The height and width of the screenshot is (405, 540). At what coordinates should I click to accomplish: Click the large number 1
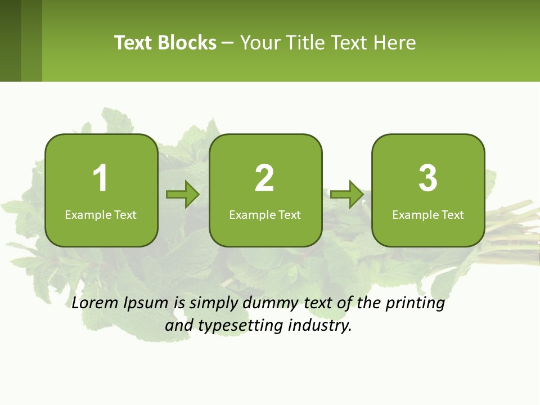click(x=100, y=178)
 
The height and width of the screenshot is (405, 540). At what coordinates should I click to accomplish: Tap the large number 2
click(x=264, y=178)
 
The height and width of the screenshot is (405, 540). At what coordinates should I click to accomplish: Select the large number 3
click(x=428, y=178)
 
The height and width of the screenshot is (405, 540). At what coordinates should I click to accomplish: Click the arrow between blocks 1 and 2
click(x=183, y=195)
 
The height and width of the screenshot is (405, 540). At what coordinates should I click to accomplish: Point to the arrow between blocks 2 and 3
click(x=347, y=195)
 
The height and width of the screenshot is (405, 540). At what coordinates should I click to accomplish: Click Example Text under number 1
click(x=101, y=215)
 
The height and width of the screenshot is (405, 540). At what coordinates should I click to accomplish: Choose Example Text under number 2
click(x=265, y=215)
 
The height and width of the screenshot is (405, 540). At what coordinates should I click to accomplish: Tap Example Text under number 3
click(x=428, y=215)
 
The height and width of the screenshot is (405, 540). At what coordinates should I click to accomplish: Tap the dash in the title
click(x=228, y=43)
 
